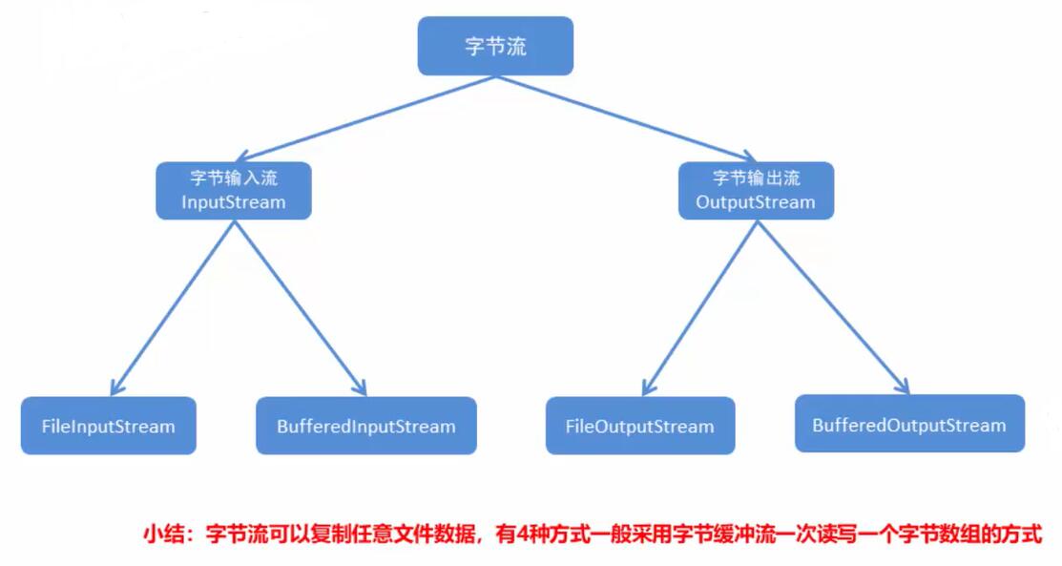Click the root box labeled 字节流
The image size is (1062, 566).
click(x=495, y=46)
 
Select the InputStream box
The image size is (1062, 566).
click(x=234, y=191)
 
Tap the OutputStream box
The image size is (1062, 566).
click(x=756, y=191)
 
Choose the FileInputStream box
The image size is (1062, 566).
click(x=109, y=426)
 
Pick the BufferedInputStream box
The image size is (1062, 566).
click(x=366, y=426)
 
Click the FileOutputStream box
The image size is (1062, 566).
click(x=640, y=426)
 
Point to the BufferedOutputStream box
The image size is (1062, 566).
click(x=909, y=424)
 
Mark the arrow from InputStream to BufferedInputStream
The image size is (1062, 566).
click(x=301, y=304)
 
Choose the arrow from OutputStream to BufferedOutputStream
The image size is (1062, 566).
click(x=830, y=304)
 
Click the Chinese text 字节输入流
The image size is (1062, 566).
click(x=234, y=178)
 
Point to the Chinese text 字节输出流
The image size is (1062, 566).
click(x=756, y=178)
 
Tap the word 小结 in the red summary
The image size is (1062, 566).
click(x=163, y=534)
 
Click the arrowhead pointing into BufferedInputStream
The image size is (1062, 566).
click(x=360, y=387)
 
